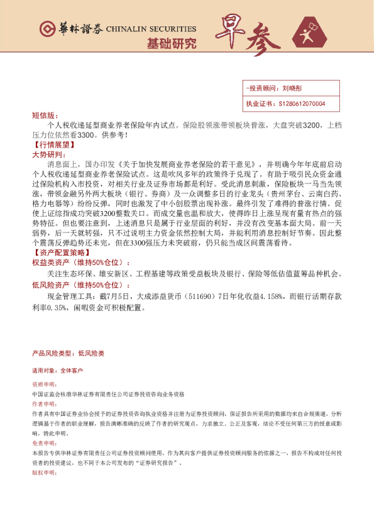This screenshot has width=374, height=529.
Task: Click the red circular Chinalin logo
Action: (47, 29)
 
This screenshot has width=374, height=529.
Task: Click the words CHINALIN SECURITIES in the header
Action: (151, 30)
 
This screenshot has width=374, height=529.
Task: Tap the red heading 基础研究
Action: (171, 44)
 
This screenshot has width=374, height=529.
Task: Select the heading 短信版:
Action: (44, 116)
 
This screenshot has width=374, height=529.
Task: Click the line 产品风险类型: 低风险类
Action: (68, 354)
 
